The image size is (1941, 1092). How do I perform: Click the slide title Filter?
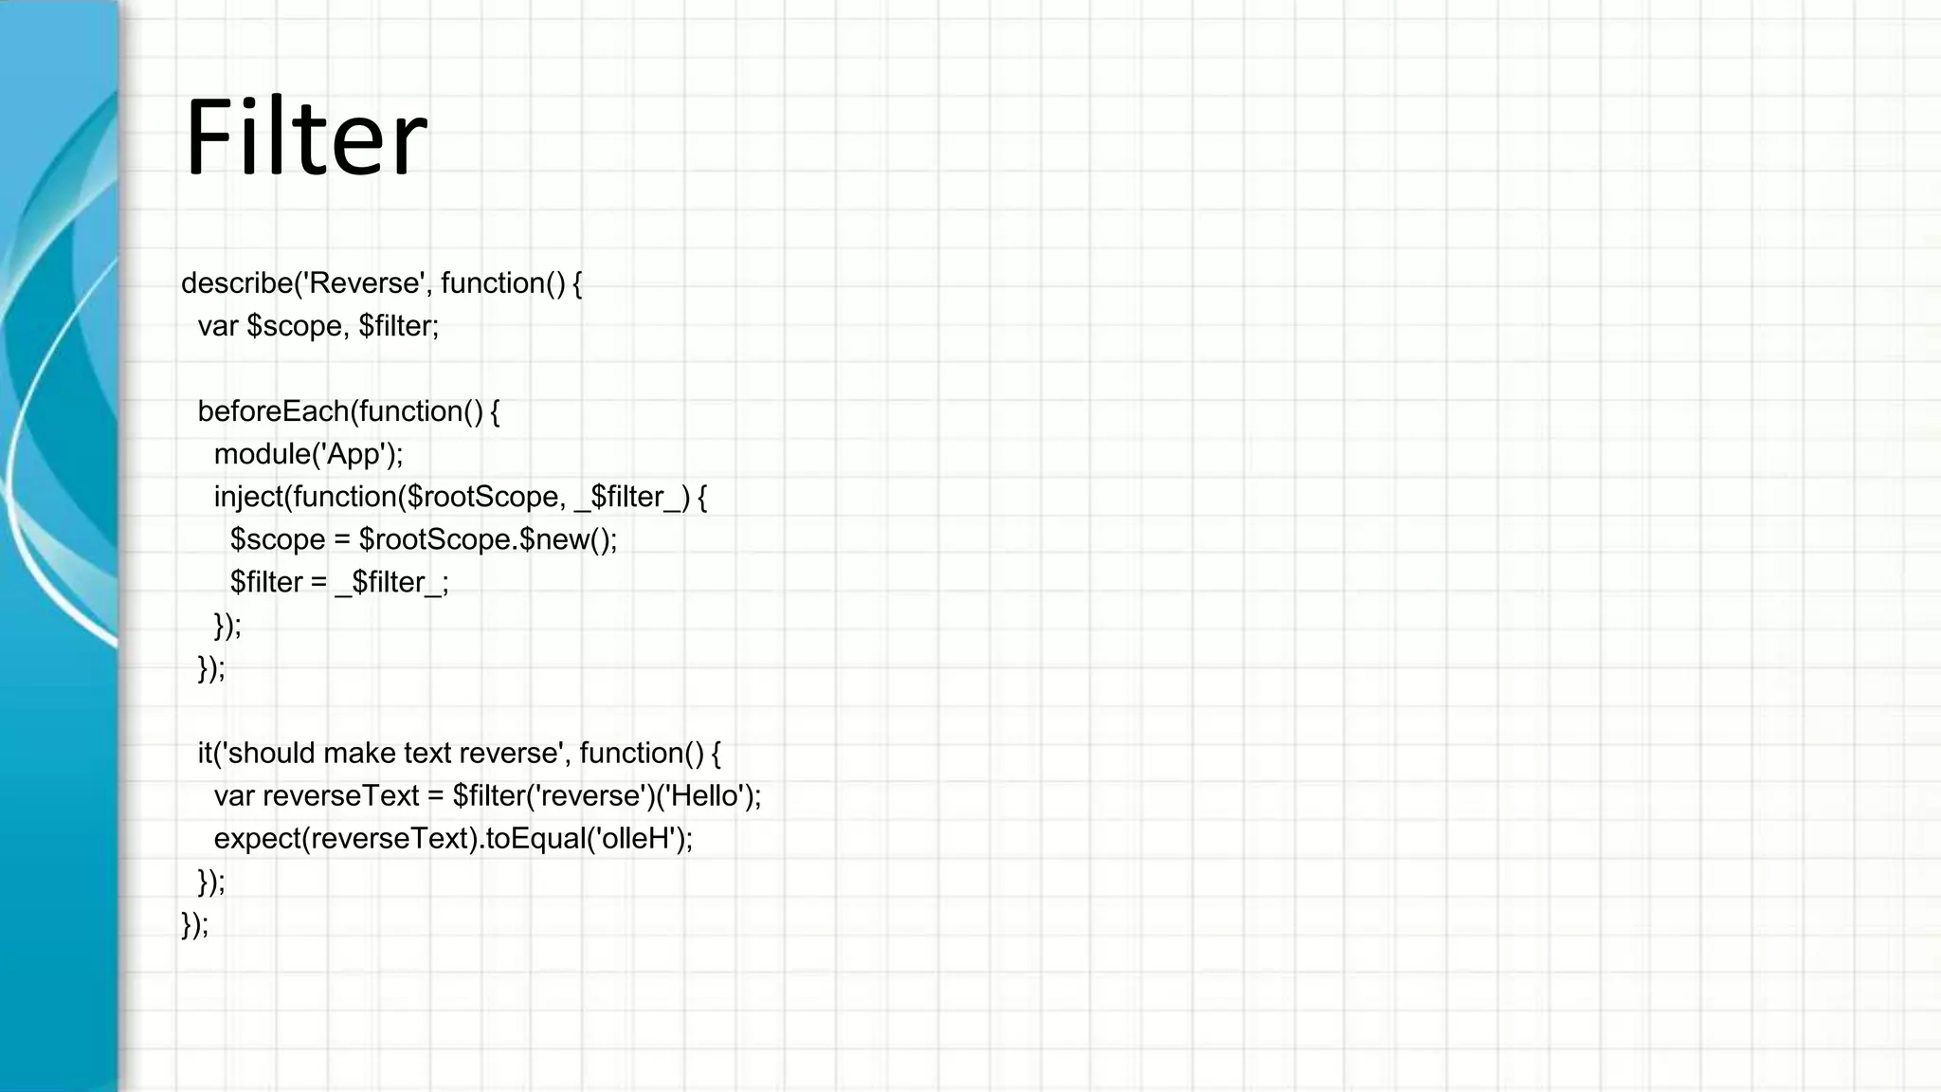(x=305, y=137)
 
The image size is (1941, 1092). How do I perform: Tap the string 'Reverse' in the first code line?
(x=365, y=283)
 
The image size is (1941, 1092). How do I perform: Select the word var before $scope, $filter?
(x=217, y=326)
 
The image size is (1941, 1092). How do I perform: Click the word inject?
(x=248, y=497)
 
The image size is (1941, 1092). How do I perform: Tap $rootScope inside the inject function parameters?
(x=483, y=497)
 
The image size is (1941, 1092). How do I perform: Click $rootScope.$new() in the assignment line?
(x=487, y=539)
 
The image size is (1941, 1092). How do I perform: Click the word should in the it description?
(x=272, y=754)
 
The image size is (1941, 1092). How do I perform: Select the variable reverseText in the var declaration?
(x=340, y=796)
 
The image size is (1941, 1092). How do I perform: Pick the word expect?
(x=257, y=839)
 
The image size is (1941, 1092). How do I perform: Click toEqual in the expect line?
(x=531, y=839)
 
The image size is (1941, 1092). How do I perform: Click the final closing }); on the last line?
(x=194, y=924)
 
